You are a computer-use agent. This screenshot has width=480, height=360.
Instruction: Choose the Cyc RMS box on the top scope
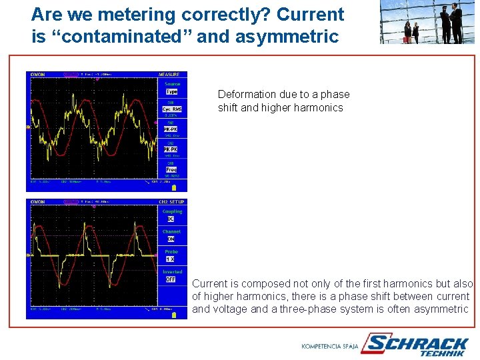tap(172, 109)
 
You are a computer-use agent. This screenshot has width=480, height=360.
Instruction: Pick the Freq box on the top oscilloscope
tap(171, 169)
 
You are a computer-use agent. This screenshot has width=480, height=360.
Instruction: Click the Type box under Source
tap(172, 91)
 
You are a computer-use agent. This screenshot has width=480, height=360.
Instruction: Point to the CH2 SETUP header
tap(172, 201)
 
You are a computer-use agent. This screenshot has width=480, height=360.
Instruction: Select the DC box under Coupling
tap(171, 219)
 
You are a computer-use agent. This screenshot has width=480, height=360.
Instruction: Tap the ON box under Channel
tap(171, 239)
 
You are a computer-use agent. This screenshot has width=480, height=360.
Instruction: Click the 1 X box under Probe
tap(171, 259)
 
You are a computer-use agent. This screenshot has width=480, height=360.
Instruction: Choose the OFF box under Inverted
tap(171, 279)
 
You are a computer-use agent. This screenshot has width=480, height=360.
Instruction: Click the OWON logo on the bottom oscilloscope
tap(37, 201)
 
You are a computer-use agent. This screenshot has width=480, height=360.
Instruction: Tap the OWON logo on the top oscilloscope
tap(37, 75)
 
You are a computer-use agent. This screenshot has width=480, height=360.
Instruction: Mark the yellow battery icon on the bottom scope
tap(175, 315)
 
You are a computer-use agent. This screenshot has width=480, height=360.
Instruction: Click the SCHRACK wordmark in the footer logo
tap(419, 343)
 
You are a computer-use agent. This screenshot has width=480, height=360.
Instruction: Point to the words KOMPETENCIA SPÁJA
tap(330, 346)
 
